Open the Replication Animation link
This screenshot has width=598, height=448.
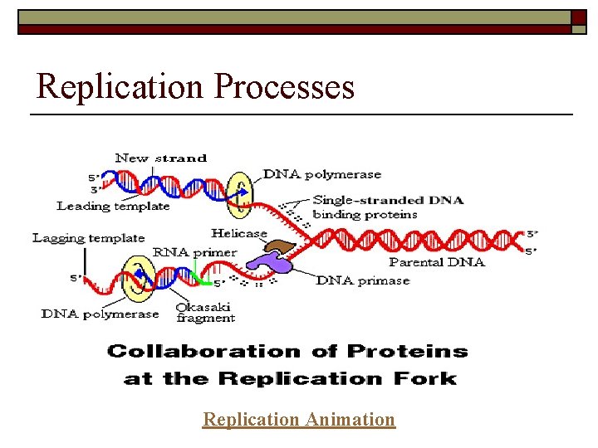[x=299, y=420]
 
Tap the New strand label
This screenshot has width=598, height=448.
[x=160, y=158]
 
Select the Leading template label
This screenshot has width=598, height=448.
[x=113, y=206]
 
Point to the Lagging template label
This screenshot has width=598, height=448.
[x=89, y=238]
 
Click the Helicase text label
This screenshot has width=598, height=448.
[x=238, y=233]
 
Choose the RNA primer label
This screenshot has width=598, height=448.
[x=194, y=252]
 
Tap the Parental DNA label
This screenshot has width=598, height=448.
[x=436, y=262]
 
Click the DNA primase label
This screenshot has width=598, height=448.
[x=363, y=280]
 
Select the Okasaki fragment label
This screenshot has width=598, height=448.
[x=205, y=312]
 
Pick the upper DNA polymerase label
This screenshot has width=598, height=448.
[x=322, y=174]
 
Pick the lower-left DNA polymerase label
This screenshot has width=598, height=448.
[x=100, y=314]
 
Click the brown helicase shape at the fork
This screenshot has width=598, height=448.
[x=281, y=246]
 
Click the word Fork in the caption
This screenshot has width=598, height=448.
[x=427, y=379]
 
